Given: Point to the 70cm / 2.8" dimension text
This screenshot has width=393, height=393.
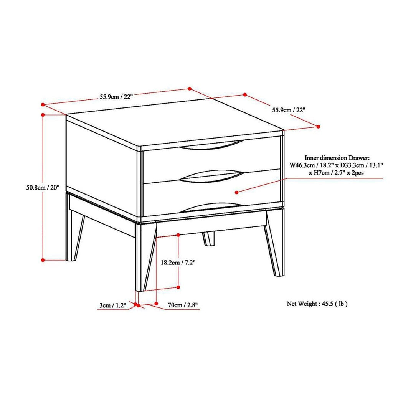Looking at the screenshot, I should [183, 305].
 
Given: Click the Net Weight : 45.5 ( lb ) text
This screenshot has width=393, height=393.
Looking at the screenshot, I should [317, 304].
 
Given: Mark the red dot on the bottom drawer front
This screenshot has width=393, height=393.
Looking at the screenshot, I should [237, 192].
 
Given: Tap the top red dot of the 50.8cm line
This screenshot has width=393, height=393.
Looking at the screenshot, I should [43, 114].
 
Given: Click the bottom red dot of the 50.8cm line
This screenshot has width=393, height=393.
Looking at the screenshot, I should [43, 260].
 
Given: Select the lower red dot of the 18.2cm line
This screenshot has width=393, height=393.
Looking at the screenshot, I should [178, 287].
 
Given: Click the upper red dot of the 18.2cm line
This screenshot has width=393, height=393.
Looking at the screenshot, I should [178, 234].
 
